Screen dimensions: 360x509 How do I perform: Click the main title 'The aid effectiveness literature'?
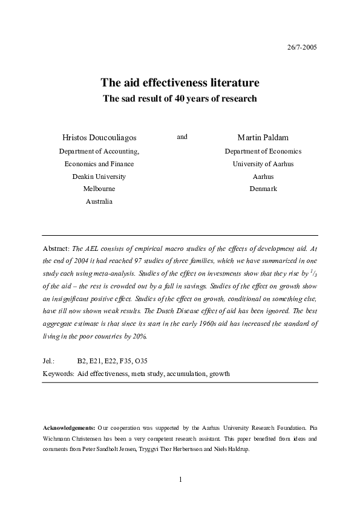click(x=180, y=82)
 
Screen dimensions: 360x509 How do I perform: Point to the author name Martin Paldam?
click(x=263, y=138)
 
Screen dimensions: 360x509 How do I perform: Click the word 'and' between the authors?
click(x=182, y=137)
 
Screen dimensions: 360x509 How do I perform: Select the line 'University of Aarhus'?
click(x=263, y=164)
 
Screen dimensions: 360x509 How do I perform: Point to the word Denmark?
click(x=263, y=189)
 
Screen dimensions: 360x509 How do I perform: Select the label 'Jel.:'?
click(x=50, y=361)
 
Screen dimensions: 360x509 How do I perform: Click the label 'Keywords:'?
click(x=59, y=374)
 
